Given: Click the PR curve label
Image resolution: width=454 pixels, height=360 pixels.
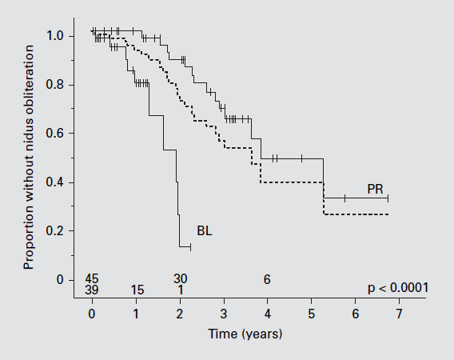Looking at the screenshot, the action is [375, 189].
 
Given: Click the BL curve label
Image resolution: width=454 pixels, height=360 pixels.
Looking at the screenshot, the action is [205, 230].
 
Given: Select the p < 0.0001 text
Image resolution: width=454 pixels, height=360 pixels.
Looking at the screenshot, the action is [398, 288].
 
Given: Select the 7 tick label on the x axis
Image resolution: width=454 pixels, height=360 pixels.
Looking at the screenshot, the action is [400, 314].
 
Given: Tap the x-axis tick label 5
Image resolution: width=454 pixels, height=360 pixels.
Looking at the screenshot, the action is [311, 314].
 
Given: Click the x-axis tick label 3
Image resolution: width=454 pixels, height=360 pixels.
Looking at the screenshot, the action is [224, 314].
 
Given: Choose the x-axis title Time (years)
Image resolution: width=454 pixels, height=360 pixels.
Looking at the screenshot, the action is [245, 334].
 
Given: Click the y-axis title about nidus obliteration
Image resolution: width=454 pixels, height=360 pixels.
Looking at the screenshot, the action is [29, 158].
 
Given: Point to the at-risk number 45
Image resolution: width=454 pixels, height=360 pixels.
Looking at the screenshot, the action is [92, 279].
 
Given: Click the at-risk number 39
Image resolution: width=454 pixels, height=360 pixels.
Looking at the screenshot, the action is [92, 290].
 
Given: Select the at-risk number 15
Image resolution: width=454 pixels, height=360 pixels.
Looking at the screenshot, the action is [137, 290].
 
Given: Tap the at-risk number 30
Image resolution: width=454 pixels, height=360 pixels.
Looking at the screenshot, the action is [180, 279].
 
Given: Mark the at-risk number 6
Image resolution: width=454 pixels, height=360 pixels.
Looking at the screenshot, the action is [267, 279].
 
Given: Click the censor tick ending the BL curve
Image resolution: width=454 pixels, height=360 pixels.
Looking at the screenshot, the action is [190, 247].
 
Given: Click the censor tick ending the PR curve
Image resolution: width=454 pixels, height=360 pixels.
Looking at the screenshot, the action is [388, 198].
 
